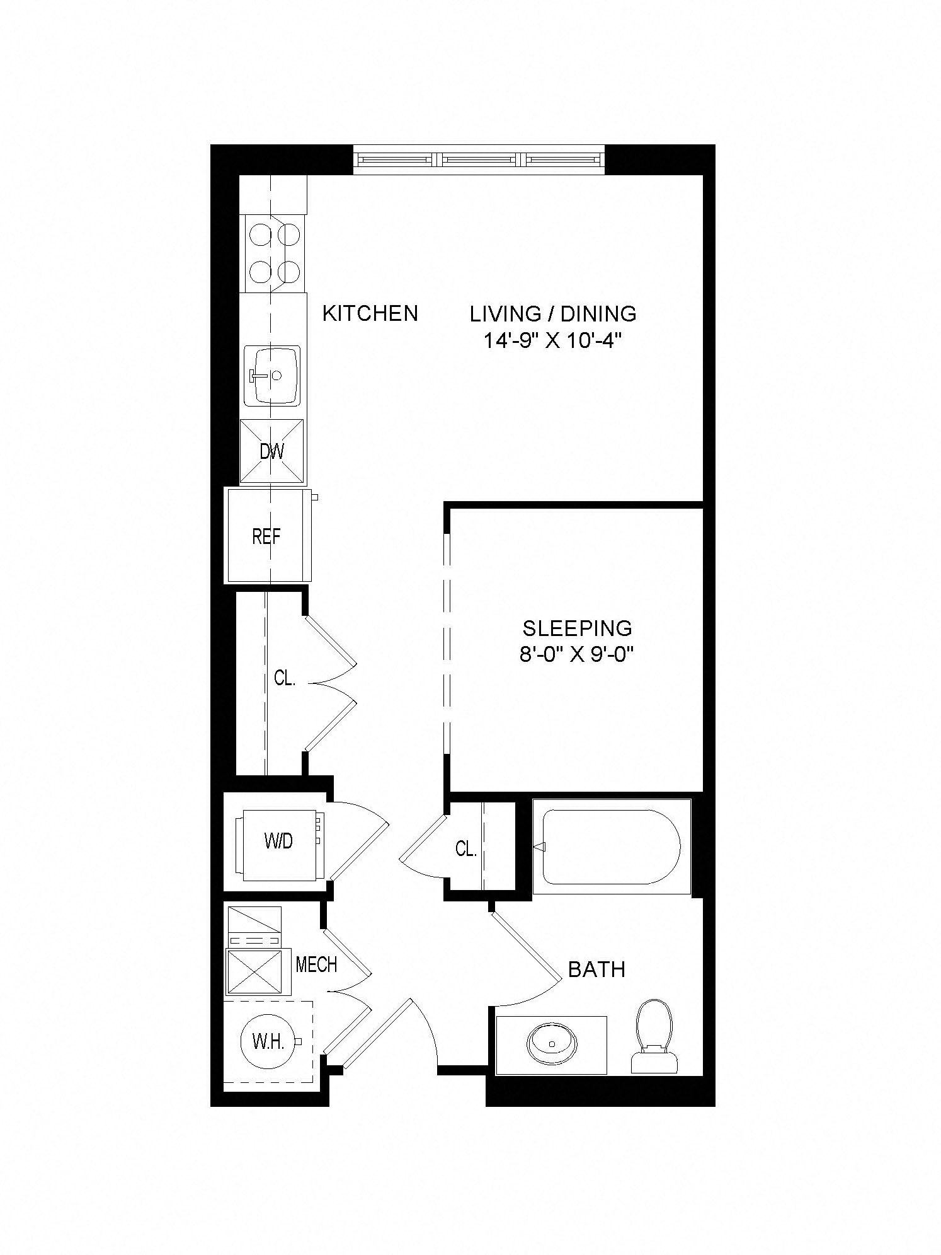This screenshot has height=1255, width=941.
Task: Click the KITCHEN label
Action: [x=370, y=313]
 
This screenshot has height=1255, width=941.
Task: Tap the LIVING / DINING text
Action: [x=553, y=313]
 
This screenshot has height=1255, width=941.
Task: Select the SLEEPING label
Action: [x=577, y=628]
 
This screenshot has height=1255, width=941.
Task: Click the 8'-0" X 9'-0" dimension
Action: [x=576, y=656]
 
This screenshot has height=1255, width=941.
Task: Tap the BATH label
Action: [x=596, y=969]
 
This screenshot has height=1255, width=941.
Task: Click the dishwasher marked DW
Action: [x=272, y=452]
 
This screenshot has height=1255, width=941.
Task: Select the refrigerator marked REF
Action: [x=270, y=535]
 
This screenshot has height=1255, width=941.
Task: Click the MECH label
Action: [x=316, y=964]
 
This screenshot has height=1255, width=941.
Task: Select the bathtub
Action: [x=612, y=847]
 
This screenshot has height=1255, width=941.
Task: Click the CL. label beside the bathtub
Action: [x=465, y=849]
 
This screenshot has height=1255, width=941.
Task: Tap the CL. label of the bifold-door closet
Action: [x=285, y=678]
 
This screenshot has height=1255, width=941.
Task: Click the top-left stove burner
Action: [x=259, y=236]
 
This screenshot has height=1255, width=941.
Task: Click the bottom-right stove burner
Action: [x=288, y=272]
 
